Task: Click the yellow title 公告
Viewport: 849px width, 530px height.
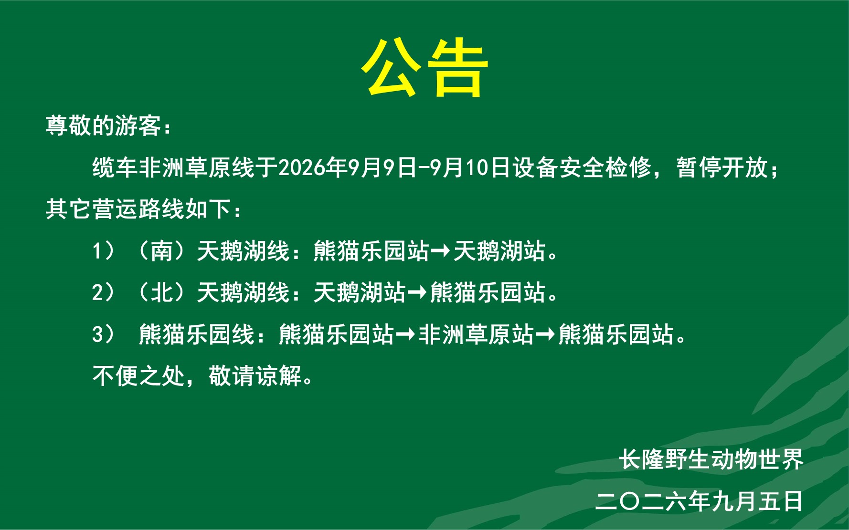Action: pyautogui.click(x=424, y=67)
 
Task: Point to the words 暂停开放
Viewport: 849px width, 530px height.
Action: pyautogui.click(x=722, y=167)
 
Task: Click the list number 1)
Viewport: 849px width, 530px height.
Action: pyautogui.click(x=103, y=251)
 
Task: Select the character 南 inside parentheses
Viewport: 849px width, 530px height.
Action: pyautogui.click(x=161, y=251)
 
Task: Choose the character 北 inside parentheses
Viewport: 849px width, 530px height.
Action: pyautogui.click(x=161, y=292)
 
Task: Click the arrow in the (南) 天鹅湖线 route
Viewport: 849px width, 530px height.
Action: pyautogui.click(x=440, y=251)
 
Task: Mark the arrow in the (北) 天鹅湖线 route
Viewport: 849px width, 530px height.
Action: pyautogui.click(x=417, y=292)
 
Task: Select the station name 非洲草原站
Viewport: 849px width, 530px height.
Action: pyautogui.click(x=476, y=334)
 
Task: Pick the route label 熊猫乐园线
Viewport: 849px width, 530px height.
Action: pyautogui.click(x=196, y=334)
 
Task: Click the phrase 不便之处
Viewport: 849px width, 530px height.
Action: pyautogui.click(x=138, y=376)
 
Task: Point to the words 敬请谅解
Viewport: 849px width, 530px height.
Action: pyautogui.click(x=255, y=376)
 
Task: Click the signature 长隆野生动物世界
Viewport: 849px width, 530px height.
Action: pyautogui.click(x=711, y=459)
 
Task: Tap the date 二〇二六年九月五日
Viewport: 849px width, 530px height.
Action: pyautogui.click(x=700, y=501)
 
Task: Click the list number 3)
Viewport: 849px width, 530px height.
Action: pyautogui.click(x=103, y=334)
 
